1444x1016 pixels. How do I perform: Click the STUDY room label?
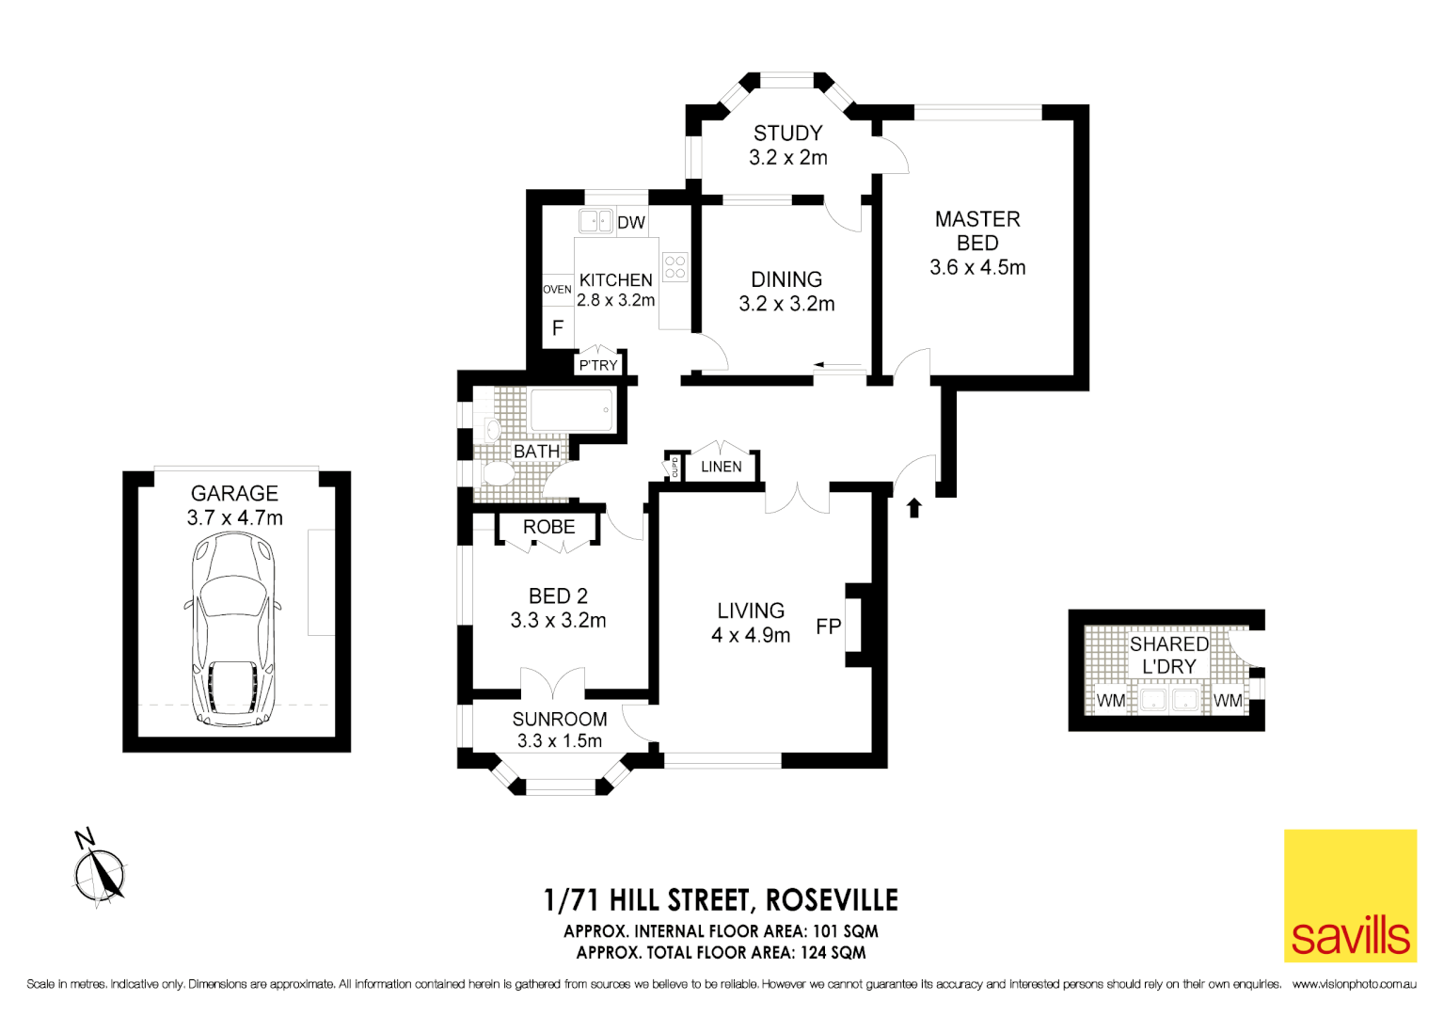(787, 134)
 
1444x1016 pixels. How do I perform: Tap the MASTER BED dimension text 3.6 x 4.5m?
(976, 267)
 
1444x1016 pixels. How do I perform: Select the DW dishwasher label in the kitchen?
(631, 223)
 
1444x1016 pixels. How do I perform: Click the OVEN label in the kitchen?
(557, 290)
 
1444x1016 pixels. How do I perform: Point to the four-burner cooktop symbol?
(674, 267)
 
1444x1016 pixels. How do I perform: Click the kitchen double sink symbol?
(595, 221)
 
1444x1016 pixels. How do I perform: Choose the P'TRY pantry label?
(598, 365)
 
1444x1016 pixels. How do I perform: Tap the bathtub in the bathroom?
(572, 411)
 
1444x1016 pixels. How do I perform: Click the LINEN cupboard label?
(721, 467)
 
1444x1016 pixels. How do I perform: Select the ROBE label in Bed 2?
(548, 528)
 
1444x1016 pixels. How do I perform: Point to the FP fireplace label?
(828, 627)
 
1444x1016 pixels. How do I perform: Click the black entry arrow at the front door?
(913, 508)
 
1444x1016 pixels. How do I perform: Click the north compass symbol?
(99, 872)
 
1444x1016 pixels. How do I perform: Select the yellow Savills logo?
(1350, 896)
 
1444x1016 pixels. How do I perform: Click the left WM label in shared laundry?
(1110, 701)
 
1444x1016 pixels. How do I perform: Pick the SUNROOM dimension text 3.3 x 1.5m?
(559, 741)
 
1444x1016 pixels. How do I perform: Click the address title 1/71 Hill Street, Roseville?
(721, 900)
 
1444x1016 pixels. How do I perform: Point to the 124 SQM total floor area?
(833, 953)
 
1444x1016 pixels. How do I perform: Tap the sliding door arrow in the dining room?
(836, 365)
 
